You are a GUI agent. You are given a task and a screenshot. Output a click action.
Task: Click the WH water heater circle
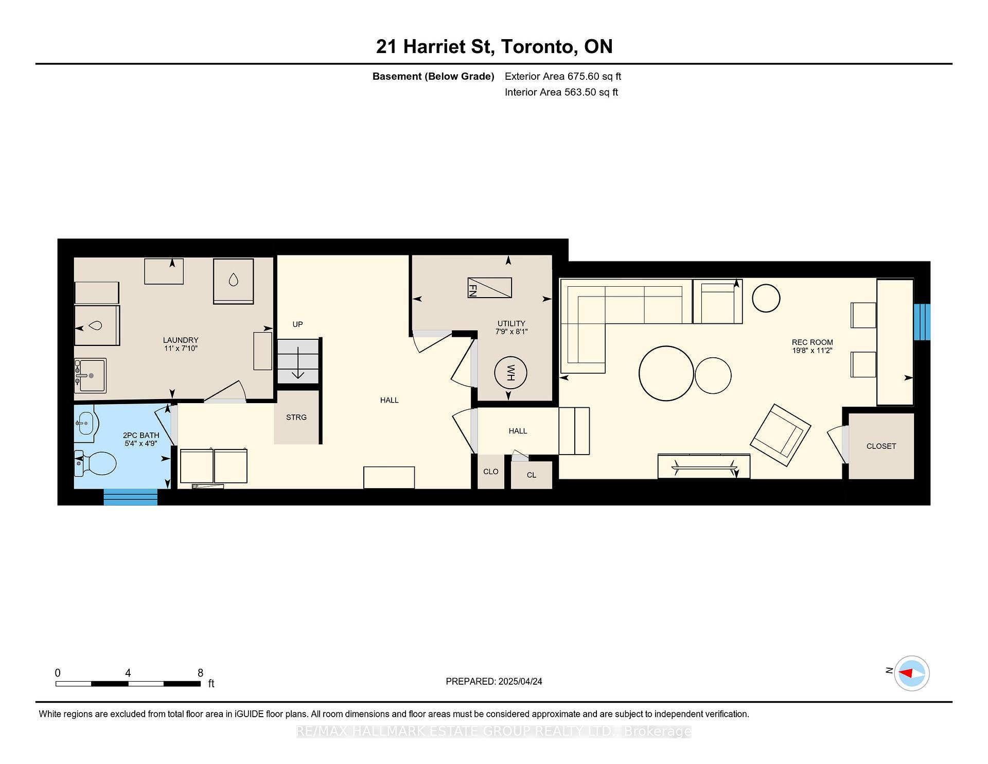pyautogui.click(x=510, y=373)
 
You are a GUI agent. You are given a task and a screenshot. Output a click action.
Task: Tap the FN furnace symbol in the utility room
pyautogui.click(x=489, y=288)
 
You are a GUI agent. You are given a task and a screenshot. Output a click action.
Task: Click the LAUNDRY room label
pyautogui.click(x=181, y=340)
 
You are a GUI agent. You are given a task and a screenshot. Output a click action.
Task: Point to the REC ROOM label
pyautogui.click(x=812, y=342)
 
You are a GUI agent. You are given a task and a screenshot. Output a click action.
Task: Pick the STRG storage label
pyautogui.click(x=296, y=417)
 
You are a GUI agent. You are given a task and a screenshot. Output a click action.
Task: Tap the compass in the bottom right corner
pyautogui.click(x=912, y=673)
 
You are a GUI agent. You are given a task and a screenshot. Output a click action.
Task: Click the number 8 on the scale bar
pyautogui.click(x=201, y=673)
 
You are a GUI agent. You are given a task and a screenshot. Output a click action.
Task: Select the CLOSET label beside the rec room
pyautogui.click(x=881, y=446)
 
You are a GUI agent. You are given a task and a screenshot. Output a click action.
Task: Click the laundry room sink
pyautogui.click(x=90, y=375)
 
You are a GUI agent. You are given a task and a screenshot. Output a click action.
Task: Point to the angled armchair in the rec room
pyautogui.click(x=781, y=435)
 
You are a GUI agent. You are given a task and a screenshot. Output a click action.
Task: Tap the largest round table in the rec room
pyautogui.click(x=666, y=373)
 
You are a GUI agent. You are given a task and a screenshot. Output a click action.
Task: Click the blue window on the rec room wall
pyautogui.click(x=922, y=322)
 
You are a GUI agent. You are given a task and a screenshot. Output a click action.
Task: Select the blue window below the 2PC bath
pyautogui.click(x=131, y=497)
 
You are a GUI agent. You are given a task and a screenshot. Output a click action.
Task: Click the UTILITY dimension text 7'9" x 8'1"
pyautogui.click(x=511, y=332)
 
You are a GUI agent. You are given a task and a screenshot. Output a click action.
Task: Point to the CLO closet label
pyautogui.click(x=491, y=472)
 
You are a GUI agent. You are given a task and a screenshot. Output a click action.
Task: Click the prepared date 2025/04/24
pyautogui.click(x=520, y=682)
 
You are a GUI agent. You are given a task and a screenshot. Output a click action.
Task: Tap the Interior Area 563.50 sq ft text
pyautogui.click(x=561, y=92)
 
